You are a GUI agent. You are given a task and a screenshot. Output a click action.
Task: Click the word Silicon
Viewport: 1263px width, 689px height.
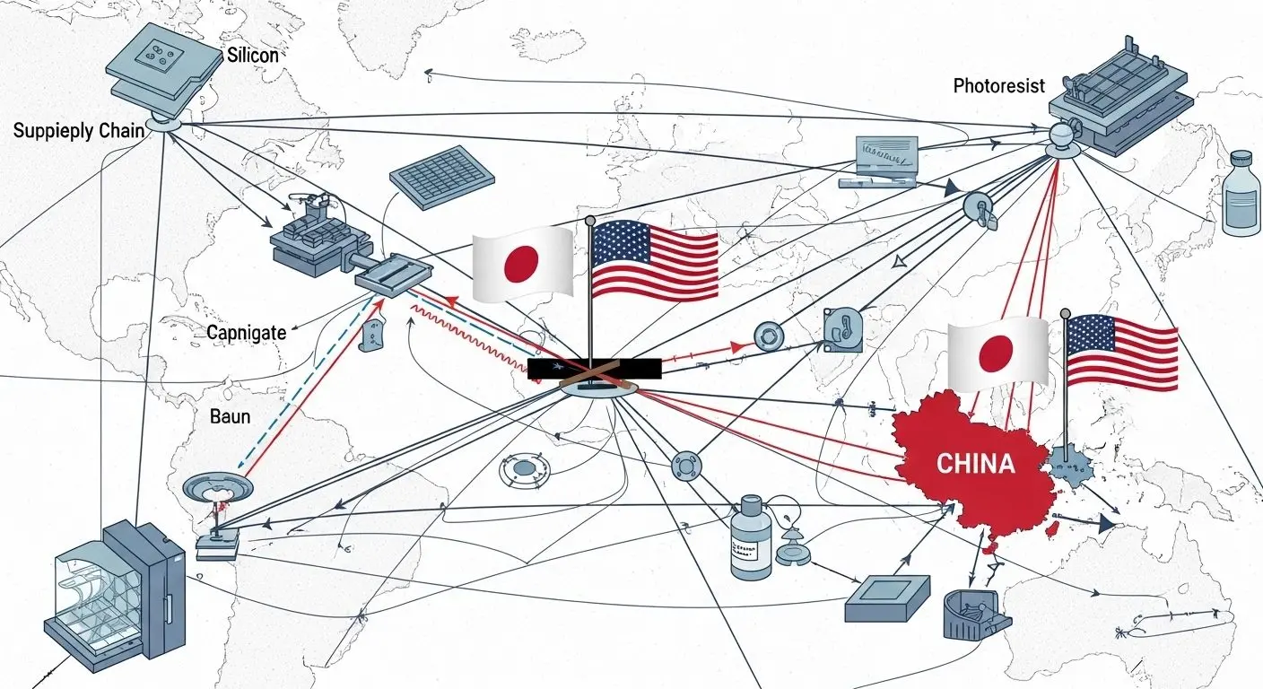coord(252,55)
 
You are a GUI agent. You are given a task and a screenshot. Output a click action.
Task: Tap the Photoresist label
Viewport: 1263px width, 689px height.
coord(998,86)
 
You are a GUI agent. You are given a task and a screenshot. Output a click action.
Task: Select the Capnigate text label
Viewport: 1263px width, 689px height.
coord(246,333)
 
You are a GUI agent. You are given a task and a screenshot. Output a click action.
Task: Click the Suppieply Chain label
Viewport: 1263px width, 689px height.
coord(78,131)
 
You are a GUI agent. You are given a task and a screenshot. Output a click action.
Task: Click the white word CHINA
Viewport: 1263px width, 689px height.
coord(975,464)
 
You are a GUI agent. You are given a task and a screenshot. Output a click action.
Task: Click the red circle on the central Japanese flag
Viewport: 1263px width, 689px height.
coord(521,263)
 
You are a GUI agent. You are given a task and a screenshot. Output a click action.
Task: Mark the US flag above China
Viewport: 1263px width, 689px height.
coord(1122,353)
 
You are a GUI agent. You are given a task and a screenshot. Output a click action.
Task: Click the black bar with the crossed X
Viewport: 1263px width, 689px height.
coord(594,369)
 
